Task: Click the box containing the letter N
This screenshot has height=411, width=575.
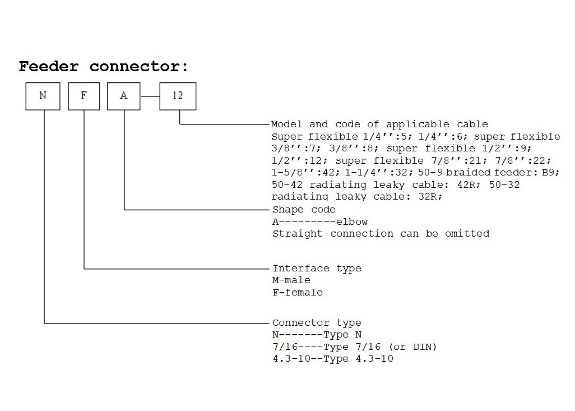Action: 43,95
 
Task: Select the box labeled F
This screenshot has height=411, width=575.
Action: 84,95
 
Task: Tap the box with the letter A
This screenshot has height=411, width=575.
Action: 124,95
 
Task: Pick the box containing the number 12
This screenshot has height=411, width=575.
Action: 178,95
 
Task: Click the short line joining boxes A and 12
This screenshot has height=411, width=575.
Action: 150,96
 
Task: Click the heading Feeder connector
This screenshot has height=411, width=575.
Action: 104,67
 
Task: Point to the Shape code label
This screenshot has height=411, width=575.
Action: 304,210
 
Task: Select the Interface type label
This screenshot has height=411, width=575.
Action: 317,269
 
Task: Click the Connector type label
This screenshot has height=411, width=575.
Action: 317,323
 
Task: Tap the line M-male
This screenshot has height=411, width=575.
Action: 291,280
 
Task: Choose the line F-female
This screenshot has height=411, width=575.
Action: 298,292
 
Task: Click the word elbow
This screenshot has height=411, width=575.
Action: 352,221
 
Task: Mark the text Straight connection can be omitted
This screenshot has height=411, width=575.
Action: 381,233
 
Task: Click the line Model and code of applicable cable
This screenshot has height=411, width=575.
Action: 379,124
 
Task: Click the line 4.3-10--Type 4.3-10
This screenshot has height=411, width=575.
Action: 333,358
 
